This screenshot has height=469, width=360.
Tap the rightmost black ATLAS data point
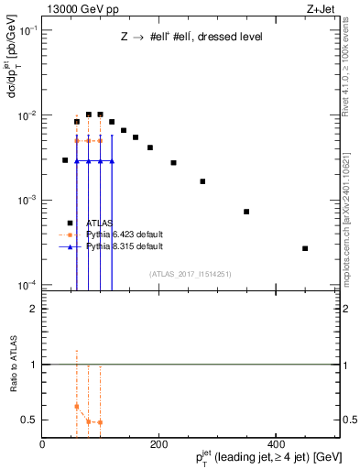point(305,248)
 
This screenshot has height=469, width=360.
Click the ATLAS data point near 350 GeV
point(246,212)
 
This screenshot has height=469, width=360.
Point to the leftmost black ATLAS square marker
point(65,160)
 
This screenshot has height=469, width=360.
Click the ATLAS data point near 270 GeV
point(202,181)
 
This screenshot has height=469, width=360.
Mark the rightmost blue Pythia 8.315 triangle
point(112,161)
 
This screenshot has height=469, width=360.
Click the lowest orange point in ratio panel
point(100,422)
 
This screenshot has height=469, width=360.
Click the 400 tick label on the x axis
point(276,445)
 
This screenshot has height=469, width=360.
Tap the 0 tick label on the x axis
point(42,445)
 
